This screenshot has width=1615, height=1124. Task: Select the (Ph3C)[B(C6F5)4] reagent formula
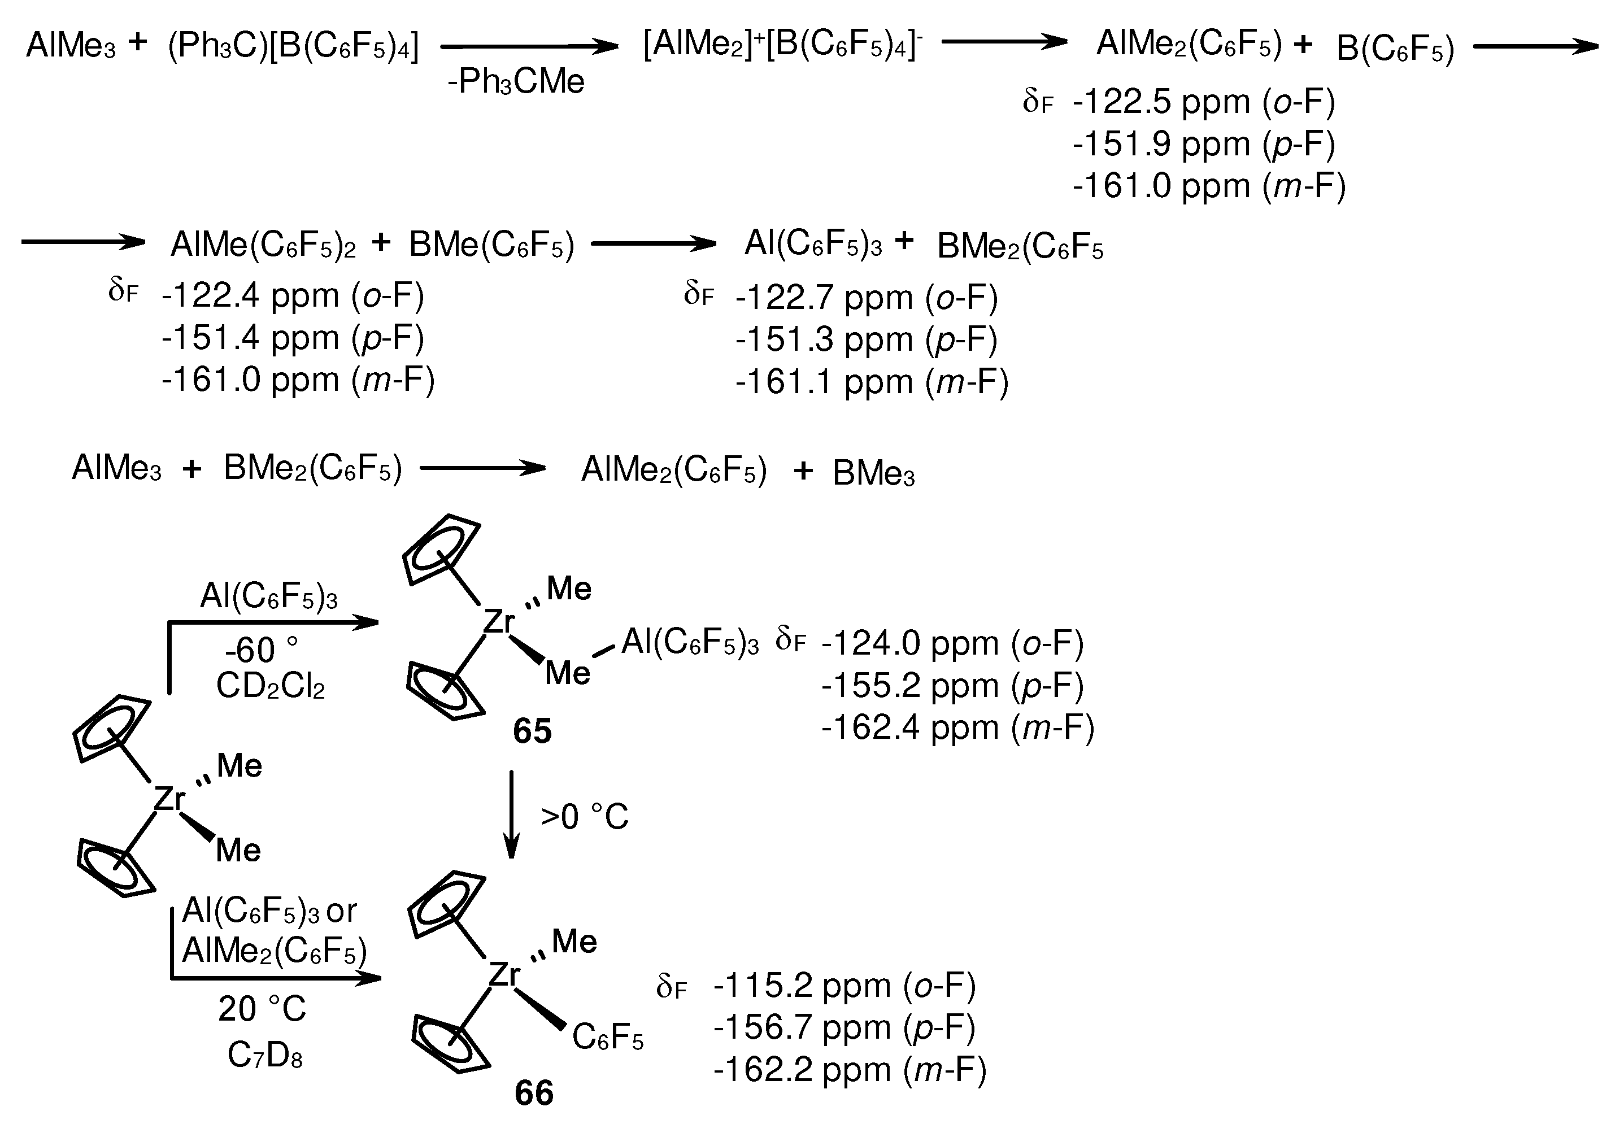pos(293,47)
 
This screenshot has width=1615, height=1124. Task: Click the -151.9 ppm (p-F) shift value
pos(1203,144)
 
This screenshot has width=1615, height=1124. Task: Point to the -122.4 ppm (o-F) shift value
pos(293,295)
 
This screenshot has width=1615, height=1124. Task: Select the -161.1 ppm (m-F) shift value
pos(872,382)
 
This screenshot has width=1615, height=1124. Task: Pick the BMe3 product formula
pos(874,474)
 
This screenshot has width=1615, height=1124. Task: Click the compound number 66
pos(534,1093)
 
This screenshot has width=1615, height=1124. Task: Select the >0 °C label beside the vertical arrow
pos(585,817)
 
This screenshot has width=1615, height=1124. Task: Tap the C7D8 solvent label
pos(265,1055)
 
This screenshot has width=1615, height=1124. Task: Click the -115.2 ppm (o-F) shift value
pos(844,986)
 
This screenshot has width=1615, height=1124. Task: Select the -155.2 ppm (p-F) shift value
pos(952,686)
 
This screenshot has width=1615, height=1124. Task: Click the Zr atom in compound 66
pos(504,975)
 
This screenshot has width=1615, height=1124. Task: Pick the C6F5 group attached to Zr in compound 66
pos(608,1037)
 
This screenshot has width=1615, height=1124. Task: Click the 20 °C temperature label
pos(262,1009)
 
